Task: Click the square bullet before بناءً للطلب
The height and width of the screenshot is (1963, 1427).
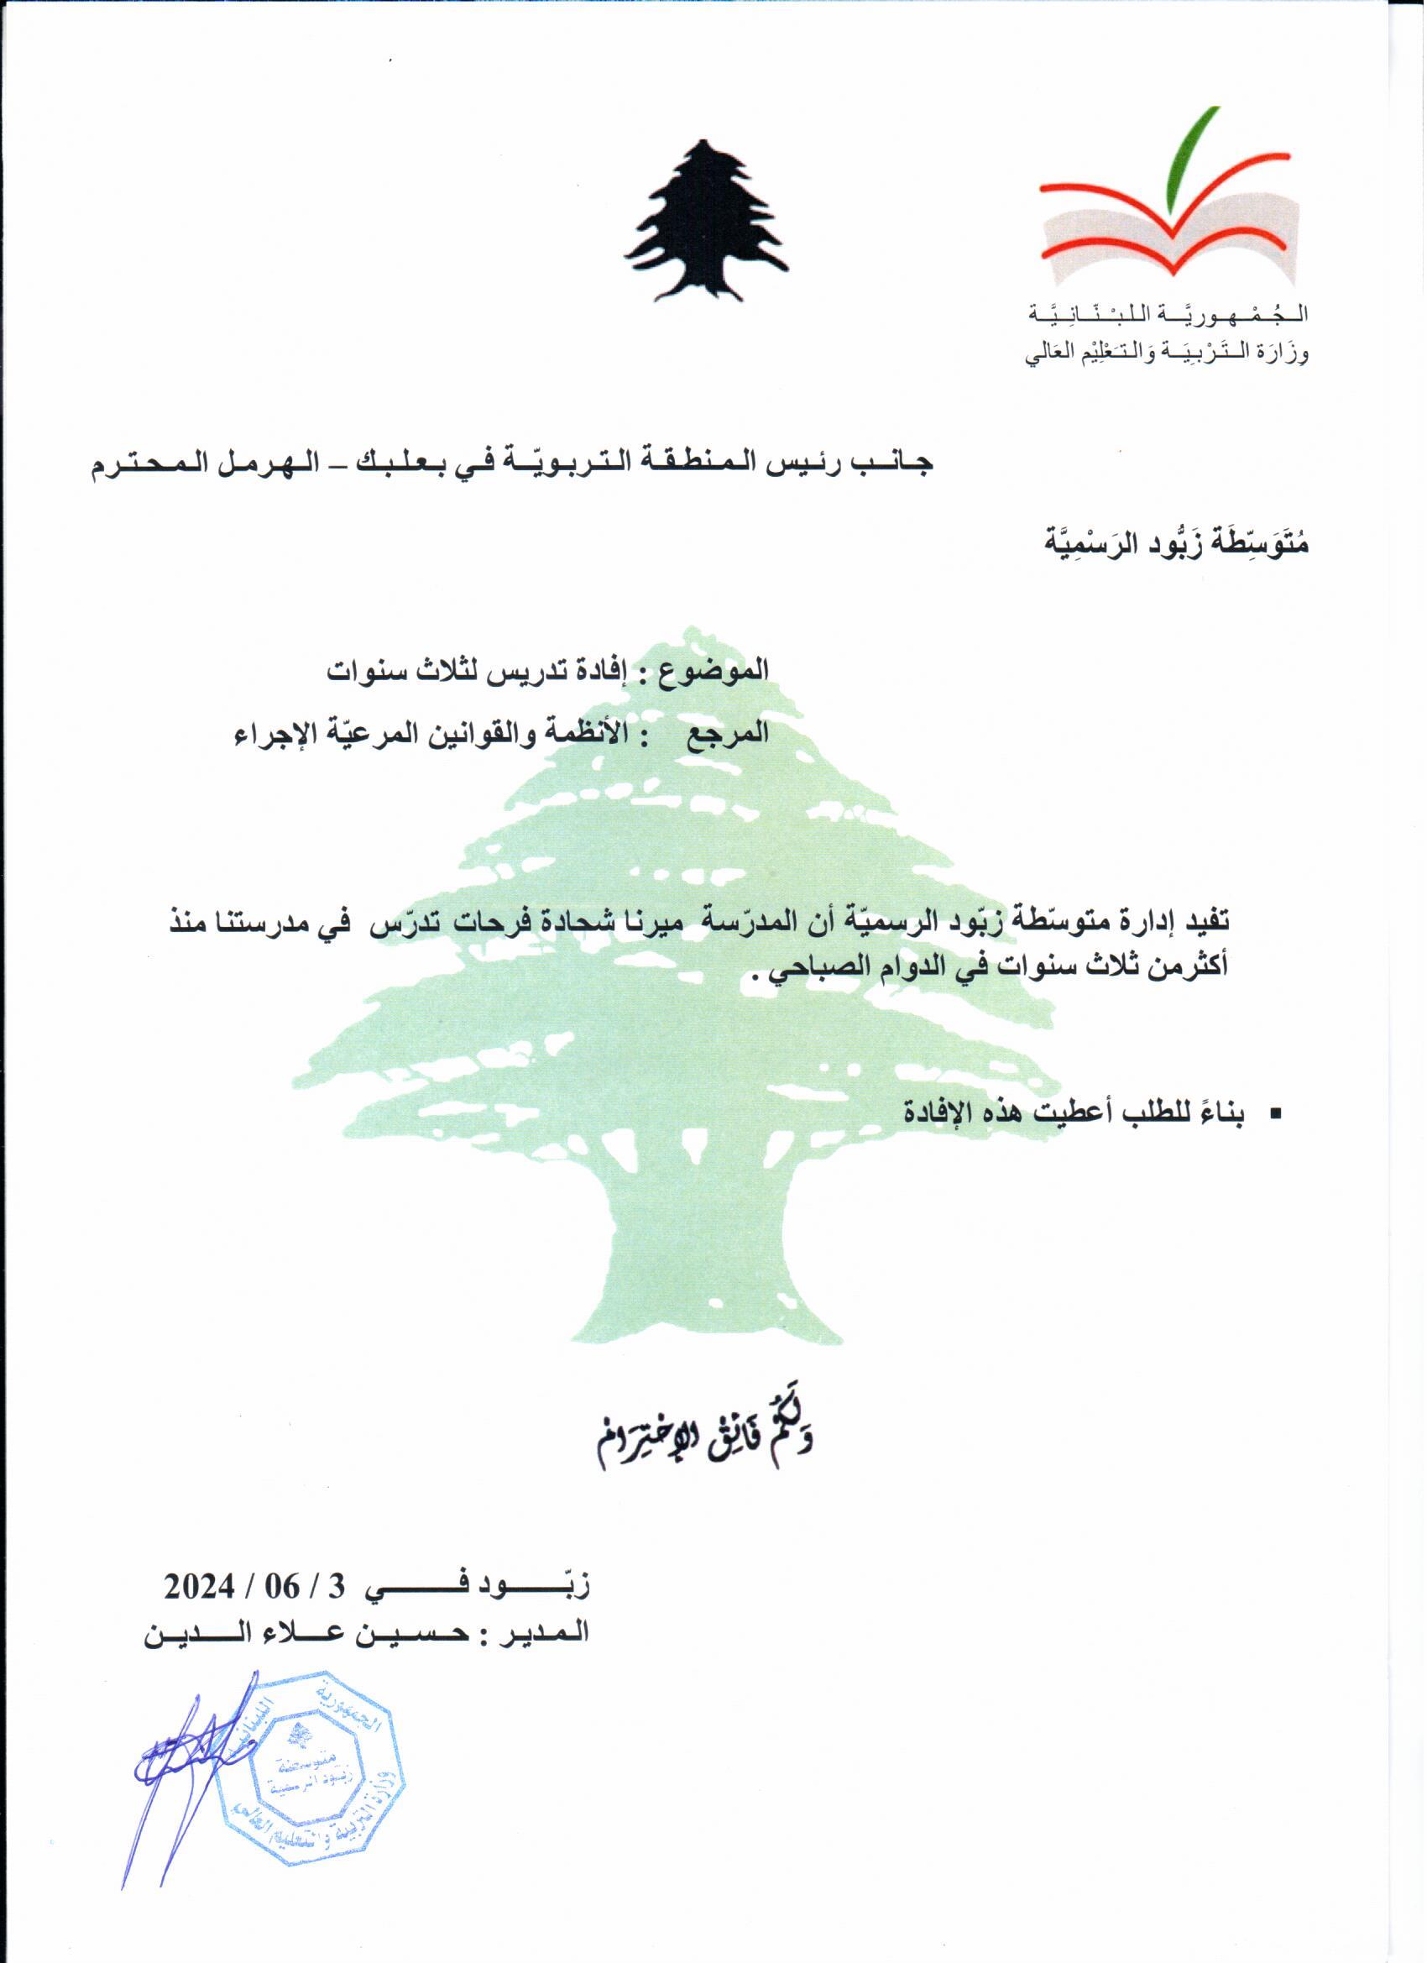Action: coord(1273,1116)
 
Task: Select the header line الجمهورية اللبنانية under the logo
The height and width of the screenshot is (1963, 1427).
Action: coord(1168,315)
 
